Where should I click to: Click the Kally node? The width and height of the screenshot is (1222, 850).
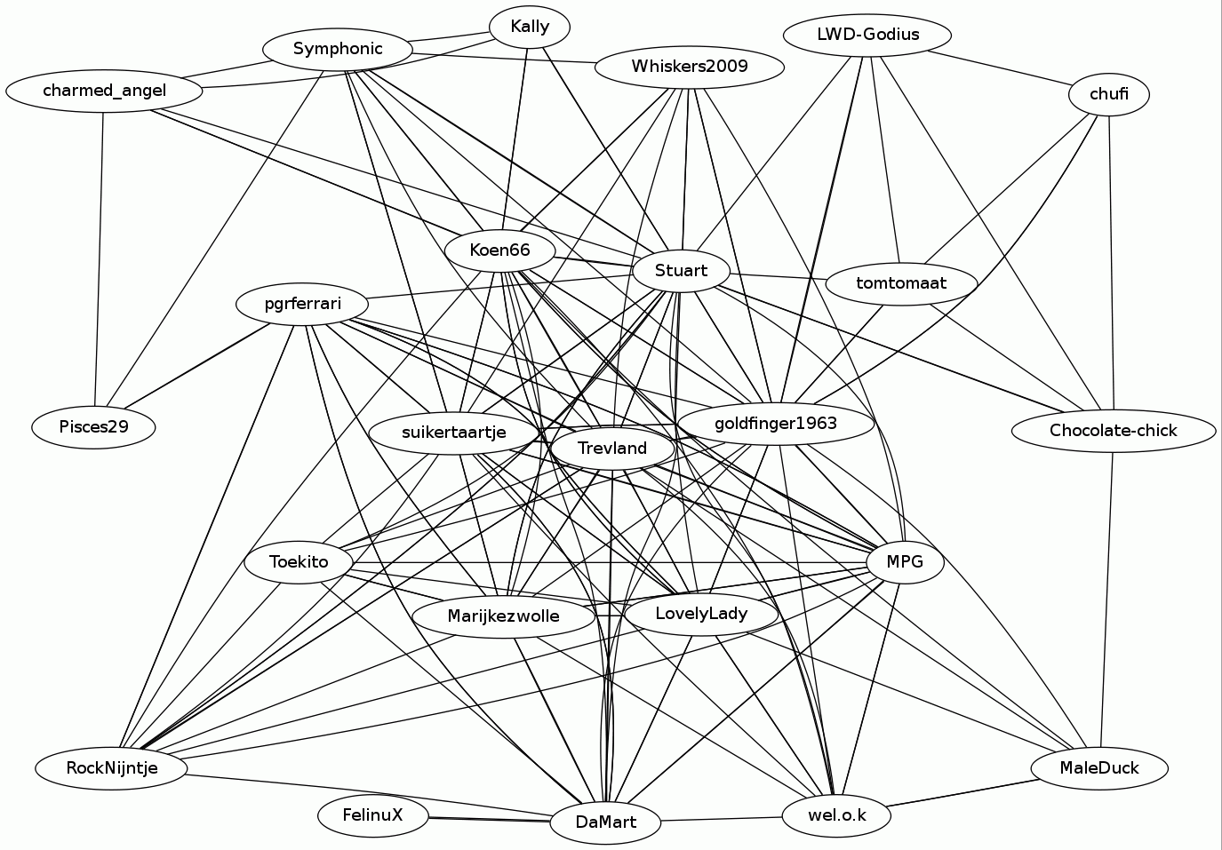pos(530,27)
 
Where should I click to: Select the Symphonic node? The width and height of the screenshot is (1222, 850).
pos(338,49)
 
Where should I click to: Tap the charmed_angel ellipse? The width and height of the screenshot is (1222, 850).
pos(104,91)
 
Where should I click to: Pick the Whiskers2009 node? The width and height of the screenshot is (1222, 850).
pos(690,67)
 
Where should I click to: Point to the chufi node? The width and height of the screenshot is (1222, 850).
pos(1109,94)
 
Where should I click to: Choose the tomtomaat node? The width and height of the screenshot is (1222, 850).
pos(901,284)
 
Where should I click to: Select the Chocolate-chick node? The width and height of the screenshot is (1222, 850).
pos(1113,431)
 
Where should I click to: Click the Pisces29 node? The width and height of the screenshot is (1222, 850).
pos(93,427)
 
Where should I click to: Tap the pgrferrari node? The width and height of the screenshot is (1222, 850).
pos(302,305)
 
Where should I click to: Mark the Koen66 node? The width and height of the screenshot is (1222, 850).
pos(499,250)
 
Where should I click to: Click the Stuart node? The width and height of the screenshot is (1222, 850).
pos(681,271)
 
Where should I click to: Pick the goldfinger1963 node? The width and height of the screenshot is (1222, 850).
pos(776,424)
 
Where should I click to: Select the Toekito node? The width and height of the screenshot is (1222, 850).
pos(299,562)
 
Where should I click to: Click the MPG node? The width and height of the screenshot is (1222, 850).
pos(905,562)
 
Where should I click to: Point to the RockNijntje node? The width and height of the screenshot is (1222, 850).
pos(112,768)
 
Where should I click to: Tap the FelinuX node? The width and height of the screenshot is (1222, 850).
pos(373,814)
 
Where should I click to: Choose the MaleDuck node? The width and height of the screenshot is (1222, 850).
pos(1099,768)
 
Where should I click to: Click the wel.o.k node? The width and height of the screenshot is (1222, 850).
pos(836,815)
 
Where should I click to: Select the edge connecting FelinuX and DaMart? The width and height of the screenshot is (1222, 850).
pos(489,819)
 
